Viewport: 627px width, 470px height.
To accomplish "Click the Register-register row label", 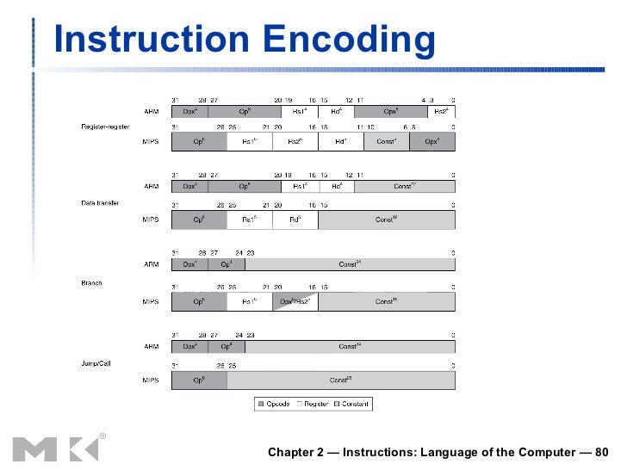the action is [x=106, y=127].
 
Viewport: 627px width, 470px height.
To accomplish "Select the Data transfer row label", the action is [x=101, y=203].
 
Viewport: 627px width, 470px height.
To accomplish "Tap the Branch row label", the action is [x=91, y=282].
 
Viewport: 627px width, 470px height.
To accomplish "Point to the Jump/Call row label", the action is [x=96, y=364].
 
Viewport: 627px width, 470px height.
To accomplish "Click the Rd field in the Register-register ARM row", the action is [x=336, y=112].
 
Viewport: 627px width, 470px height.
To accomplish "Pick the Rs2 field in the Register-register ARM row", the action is [x=440, y=112].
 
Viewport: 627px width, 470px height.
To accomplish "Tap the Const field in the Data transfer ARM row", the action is [x=404, y=186].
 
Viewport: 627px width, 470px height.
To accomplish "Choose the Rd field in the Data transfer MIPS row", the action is [x=295, y=220].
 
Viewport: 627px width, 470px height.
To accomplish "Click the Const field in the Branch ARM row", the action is [x=349, y=264].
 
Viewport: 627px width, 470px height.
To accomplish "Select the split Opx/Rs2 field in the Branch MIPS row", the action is [x=295, y=301].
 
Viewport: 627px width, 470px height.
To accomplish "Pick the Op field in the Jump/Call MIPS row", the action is [x=199, y=379].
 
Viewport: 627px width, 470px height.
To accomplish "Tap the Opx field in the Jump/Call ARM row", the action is [x=189, y=346].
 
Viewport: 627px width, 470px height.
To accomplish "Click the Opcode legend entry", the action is [x=274, y=404].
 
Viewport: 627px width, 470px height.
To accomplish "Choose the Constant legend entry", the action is [x=351, y=404].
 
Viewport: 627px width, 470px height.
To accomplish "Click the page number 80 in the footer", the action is [x=600, y=452].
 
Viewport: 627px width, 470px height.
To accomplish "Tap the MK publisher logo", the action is [x=56, y=448].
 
